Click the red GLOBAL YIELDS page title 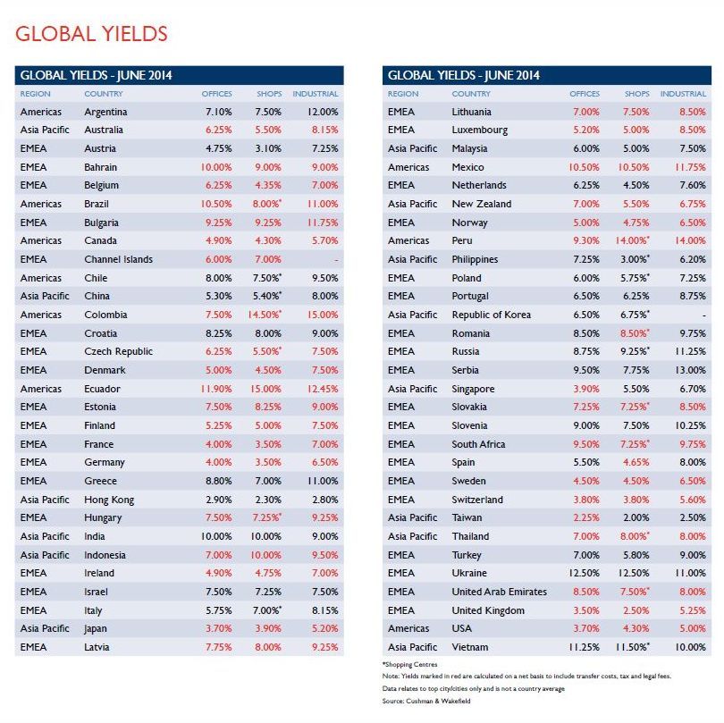[91, 34]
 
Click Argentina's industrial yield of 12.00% [323, 112]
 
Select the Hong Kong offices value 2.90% [219, 500]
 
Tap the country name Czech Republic [118, 351]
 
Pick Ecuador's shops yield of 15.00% [265, 389]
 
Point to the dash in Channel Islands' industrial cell [336, 260]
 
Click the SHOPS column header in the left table [269, 94]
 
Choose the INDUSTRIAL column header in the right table [683, 94]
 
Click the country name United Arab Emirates [499, 592]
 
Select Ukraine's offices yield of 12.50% [584, 574]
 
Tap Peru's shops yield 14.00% [632, 240]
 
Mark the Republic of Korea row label [492, 315]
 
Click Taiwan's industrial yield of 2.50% [693, 518]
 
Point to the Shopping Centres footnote [409, 664]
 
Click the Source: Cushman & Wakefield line [426, 701]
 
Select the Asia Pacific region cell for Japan [45, 629]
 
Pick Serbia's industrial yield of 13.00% [690, 370]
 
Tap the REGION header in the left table [35, 94]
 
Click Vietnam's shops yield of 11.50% [632, 647]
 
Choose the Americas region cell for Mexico [408, 167]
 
